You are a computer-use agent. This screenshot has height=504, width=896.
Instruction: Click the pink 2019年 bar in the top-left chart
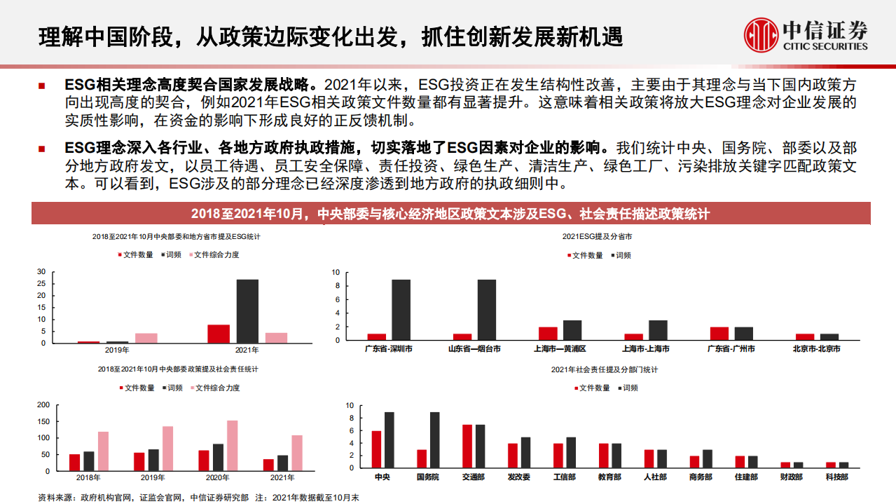(146, 338)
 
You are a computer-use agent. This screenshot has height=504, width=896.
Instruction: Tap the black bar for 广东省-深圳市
(401, 310)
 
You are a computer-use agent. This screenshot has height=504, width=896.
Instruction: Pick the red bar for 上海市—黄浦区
(548, 334)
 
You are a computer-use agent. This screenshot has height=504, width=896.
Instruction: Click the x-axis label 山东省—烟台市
(474, 348)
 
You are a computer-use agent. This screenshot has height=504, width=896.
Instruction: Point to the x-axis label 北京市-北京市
(816, 348)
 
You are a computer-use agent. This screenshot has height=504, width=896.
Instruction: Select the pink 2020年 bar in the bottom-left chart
(232, 446)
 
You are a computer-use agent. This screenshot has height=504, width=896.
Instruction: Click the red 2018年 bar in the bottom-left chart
(74, 463)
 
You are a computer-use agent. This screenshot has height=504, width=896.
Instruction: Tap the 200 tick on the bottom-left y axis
(43, 405)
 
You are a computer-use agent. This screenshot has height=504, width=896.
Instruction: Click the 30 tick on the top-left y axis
(41, 272)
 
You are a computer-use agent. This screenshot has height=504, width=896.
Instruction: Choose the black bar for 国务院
(434, 440)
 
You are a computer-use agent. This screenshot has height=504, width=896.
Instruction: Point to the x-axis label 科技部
(836, 477)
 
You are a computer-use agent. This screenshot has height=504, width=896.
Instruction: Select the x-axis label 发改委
(519, 477)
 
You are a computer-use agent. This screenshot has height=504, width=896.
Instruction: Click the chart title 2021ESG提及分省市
(597, 237)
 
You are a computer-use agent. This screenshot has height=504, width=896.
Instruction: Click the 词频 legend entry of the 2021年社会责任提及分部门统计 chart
(629, 388)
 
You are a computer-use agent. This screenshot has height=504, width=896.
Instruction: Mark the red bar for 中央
(376, 449)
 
